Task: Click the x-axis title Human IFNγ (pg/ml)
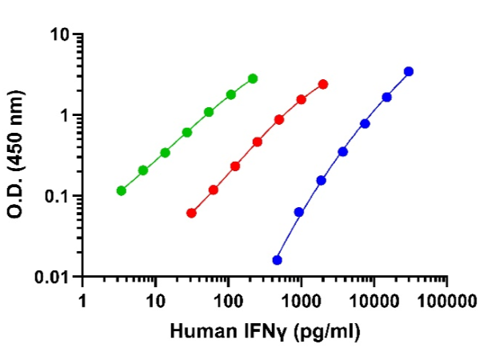[x=264, y=329]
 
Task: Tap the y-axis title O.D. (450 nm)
[x=23, y=156]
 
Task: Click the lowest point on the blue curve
[x=277, y=260]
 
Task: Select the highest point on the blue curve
[x=409, y=71]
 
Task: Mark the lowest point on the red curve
[x=191, y=213]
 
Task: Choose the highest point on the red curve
[x=323, y=84]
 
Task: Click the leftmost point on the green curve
[x=121, y=190]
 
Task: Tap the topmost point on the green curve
[x=253, y=78]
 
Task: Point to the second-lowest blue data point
[x=299, y=212]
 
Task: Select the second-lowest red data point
[x=214, y=190]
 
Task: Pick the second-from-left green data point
[x=143, y=170]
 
